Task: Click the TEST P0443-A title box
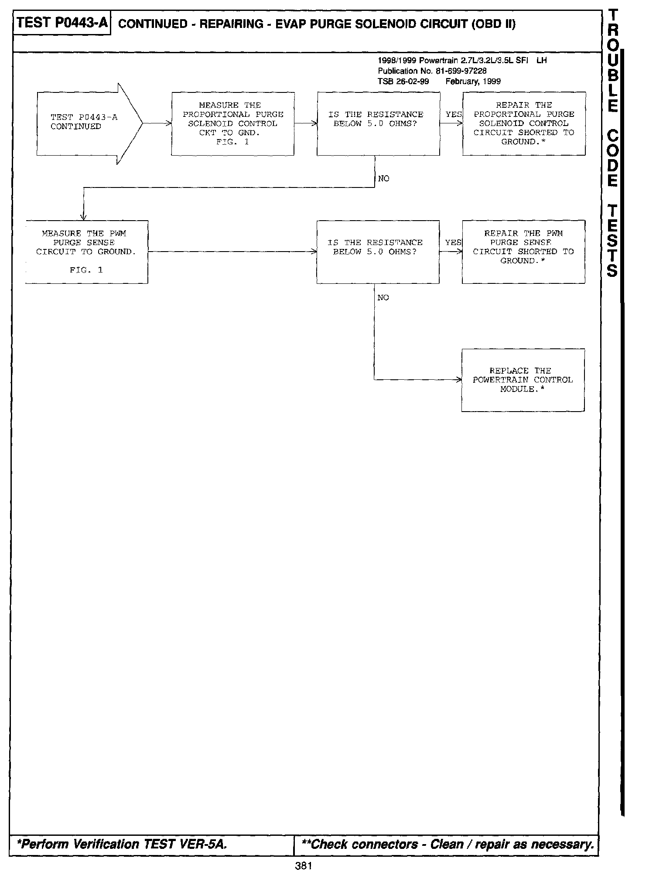pos(62,23)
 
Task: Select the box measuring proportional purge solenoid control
pos(232,123)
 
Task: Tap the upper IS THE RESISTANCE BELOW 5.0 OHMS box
pos(378,123)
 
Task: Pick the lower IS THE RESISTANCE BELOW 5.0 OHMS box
pos(378,252)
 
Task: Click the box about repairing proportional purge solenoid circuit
pos(524,123)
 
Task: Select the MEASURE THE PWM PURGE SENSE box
pos(86,252)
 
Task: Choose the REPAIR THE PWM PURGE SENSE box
pos(523,252)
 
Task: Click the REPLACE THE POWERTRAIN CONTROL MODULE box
pos(523,380)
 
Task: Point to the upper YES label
pos(453,114)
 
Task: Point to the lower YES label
pos(453,242)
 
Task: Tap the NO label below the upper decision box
pos(384,179)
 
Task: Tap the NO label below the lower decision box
pos(383,298)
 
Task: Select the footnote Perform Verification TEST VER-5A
pos(122,845)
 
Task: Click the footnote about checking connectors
pos(445,845)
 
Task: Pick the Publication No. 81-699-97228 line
pos(432,71)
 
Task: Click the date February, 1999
pos(473,82)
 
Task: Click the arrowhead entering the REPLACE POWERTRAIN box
pos(459,380)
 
